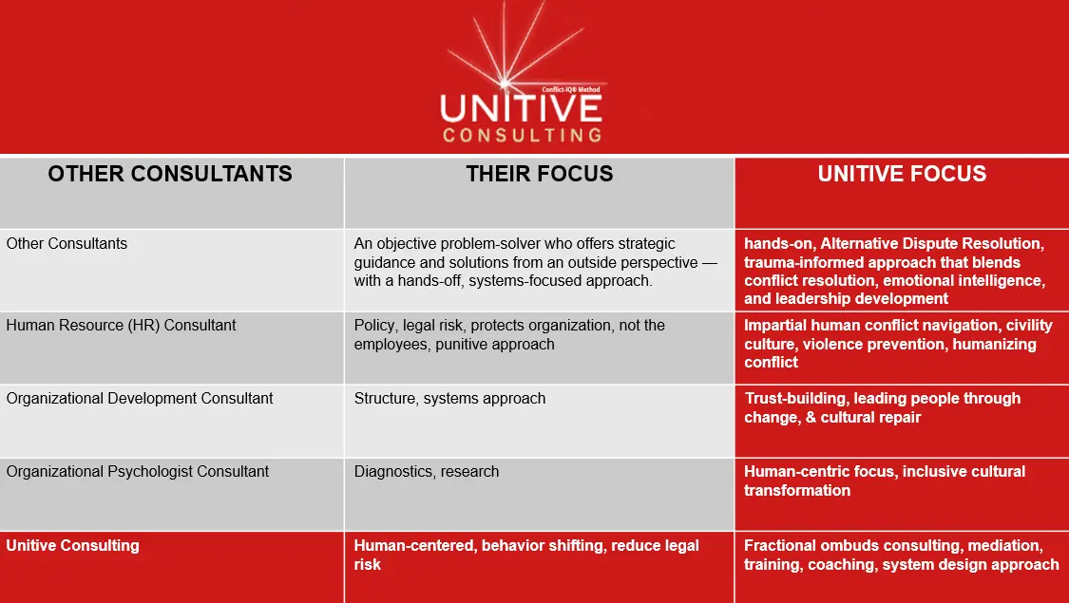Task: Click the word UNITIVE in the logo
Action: point(521,107)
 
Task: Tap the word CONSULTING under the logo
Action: point(522,135)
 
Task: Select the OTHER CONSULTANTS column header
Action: point(170,174)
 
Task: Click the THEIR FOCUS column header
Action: point(539,174)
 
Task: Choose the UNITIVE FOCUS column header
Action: point(901,174)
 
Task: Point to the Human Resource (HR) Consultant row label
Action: point(121,326)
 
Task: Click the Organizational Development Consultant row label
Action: point(140,399)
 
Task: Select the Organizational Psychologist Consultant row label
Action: point(138,472)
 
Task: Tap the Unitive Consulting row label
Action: point(73,546)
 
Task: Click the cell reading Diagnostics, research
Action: point(426,472)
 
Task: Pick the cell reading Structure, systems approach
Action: point(449,399)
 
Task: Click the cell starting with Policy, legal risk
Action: point(509,335)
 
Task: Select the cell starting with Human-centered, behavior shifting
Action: point(526,555)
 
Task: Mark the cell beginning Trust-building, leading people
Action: point(882,407)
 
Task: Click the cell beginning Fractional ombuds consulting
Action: point(901,555)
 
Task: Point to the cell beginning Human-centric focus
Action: point(884,481)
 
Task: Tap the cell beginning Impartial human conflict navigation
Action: point(898,343)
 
